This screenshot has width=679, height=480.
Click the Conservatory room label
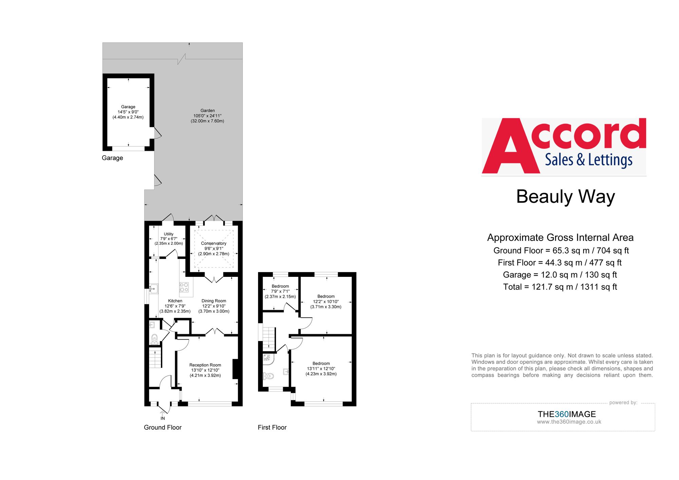(214, 244)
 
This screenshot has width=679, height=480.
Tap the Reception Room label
(205, 365)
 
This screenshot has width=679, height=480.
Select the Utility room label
(169, 234)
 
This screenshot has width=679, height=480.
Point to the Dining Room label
(214, 301)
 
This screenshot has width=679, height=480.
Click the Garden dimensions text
(207, 118)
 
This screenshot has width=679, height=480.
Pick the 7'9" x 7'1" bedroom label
(280, 291)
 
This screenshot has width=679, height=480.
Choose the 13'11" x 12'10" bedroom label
(321, 369)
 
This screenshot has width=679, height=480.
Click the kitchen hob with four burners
(184, 287)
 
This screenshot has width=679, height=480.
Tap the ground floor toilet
(154, 339)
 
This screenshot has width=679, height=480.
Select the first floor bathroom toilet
(269, 376)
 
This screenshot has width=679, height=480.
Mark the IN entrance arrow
(163, 414)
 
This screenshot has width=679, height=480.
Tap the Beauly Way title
(565, 197)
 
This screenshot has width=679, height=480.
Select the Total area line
(560, 287)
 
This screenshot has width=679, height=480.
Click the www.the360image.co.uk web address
(569, 422)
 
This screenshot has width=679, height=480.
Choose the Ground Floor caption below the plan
(163, 427)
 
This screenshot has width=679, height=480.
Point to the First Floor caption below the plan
(272, 427)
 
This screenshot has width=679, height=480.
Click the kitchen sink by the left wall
(153, 288)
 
